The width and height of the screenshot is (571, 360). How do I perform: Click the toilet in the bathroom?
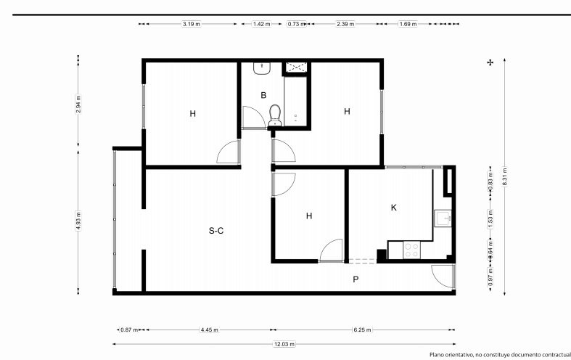tap(275, 115)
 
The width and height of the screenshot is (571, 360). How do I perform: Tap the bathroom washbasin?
tap(262, 68)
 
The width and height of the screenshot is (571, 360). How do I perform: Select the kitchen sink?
tap(443, 218)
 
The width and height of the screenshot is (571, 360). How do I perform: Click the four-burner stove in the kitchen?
tap(412, 250)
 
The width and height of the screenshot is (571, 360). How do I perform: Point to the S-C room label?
tap(216, 231)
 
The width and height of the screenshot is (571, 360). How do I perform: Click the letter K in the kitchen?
tap(394, 208)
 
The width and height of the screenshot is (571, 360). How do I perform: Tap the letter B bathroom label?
tap(263, 96)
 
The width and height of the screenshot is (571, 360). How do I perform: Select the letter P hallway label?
tap(356, 279)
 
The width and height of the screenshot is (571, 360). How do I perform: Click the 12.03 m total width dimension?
tap(284, 344)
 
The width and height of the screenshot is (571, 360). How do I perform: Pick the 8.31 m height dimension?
tap(505, 176)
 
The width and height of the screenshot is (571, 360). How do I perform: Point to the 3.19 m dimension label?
tap(192, 24)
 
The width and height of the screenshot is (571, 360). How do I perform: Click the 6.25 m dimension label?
tap(362, 330)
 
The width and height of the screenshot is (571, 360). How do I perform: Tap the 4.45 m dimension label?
tap(210, 330)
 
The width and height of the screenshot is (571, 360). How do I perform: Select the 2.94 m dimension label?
tap(78, 104)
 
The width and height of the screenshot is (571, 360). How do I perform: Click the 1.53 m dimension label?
tap(490, 218)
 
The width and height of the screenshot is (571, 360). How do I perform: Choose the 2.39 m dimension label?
tap(345, 24)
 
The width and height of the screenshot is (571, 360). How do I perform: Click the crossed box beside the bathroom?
tap(296, 67)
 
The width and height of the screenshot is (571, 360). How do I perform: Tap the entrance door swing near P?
tap(443, 277)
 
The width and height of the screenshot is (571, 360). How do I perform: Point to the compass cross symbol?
tap(490, 62)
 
